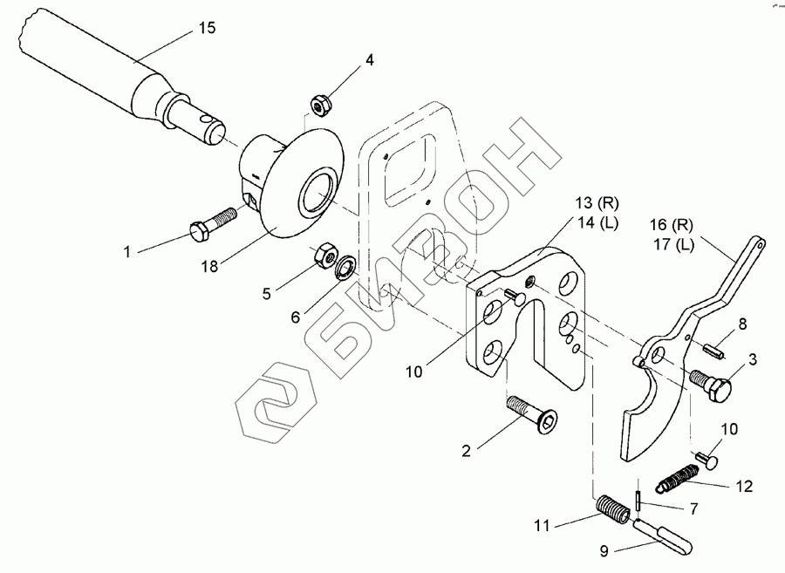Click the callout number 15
tap(207, 29)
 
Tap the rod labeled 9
tap(665, 534)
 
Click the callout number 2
tap(468, 451)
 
